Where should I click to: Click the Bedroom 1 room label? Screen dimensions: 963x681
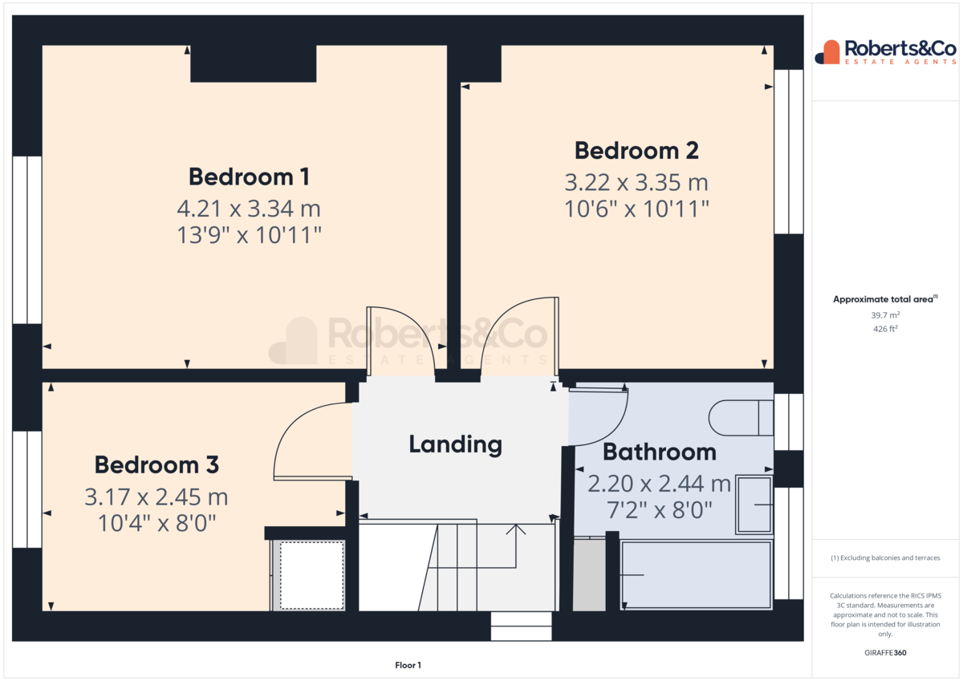pos(249,176)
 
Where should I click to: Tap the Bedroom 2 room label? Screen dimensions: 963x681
pos(636,151)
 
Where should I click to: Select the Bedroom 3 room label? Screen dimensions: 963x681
pos(156,465)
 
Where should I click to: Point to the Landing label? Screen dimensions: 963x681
pos(455,444)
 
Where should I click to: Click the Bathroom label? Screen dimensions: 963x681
pos(660,452)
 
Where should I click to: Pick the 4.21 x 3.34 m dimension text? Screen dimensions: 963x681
pos(249,209)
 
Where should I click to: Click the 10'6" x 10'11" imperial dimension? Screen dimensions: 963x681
pos(636,209)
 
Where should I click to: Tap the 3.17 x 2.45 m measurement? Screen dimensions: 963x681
pos(156,497)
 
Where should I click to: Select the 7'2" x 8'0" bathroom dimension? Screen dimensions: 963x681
pos(659,510)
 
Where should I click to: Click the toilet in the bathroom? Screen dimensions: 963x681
pos(740,418)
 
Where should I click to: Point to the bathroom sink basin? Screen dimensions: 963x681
pos(754,505)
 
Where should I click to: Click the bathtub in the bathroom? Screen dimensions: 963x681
pos(697,575)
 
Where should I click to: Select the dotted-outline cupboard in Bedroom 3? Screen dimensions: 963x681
pos(311,575)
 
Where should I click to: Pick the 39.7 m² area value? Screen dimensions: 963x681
pos(885,315)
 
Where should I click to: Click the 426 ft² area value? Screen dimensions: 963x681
pos(885,329)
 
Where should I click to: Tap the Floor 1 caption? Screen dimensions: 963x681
pos(408,665)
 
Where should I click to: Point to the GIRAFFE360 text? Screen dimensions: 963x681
pos(885,653)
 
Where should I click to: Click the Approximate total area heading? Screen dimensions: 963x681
pos(885,299)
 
